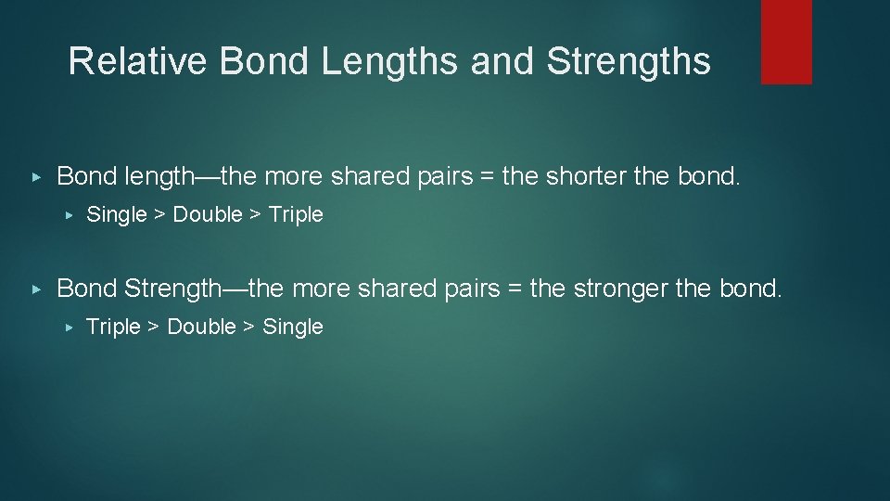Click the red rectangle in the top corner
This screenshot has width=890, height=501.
[x=786, y=42]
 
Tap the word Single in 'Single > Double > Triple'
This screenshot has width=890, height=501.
[x=116, y=214]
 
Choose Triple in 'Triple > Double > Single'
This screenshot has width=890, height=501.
[x=112, y=327]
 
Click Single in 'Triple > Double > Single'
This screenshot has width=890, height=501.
[x=293, y=327]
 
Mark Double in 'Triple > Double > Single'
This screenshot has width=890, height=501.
[x=201, y=327]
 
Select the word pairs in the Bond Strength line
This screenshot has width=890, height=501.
[x=469, y=289]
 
